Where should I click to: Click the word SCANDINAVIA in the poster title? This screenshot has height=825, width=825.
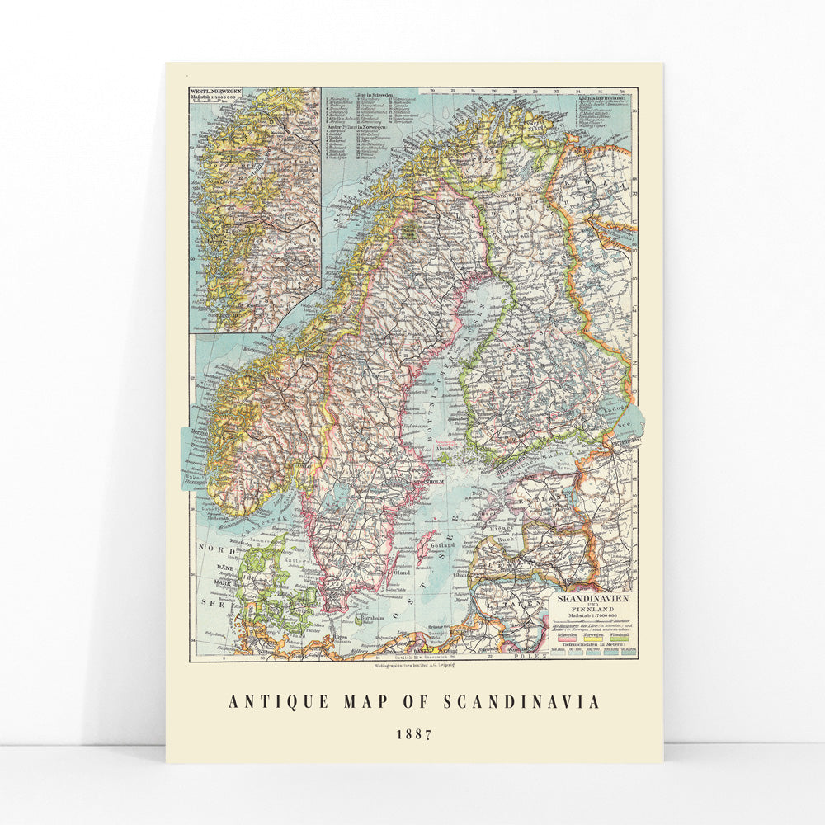click(521, 702)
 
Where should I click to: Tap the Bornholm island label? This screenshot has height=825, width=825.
click(367, 618)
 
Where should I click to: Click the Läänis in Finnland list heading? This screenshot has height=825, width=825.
click(594, 97)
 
